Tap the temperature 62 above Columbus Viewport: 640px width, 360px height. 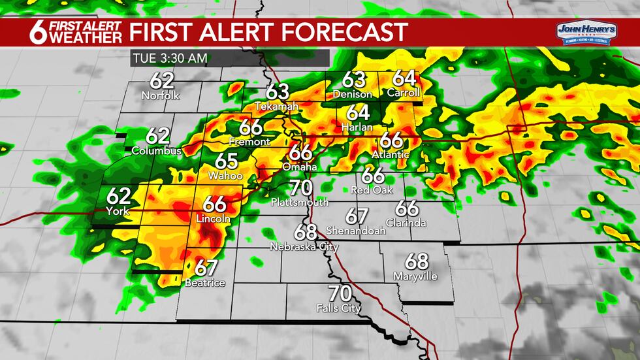(x=157, y=136)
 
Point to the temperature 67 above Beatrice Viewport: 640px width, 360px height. (x=206, y=268)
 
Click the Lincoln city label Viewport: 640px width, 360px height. (x=214, y=219)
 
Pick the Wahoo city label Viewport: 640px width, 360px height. (x=225, y=176)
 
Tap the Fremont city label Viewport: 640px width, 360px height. (x=249, y=141)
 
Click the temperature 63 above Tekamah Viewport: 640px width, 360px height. (x=277, y=91)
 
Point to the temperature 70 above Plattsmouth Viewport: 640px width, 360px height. (x=301, y=188)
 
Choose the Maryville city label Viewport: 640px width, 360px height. (x=415, y=276)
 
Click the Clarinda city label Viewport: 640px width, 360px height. (x=406, y=223)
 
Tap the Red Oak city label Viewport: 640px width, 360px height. (x=372, y=190)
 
